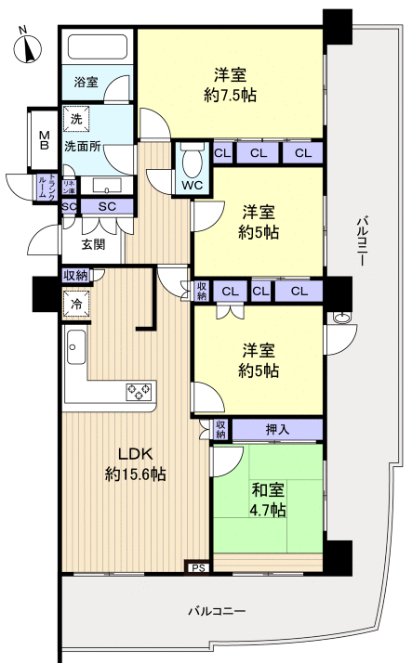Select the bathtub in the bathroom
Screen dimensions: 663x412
[99, 46]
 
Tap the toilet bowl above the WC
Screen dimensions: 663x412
[192, 162]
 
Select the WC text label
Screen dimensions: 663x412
[193, 185]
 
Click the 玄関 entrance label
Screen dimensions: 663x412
[93, 244]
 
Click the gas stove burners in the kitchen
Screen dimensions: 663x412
[140, 391]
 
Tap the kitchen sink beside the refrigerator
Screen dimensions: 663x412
[75, 350]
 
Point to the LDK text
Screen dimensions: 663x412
[134, 454]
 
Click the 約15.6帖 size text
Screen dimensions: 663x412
[135, 474]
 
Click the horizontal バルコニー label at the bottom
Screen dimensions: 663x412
[216, 612]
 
